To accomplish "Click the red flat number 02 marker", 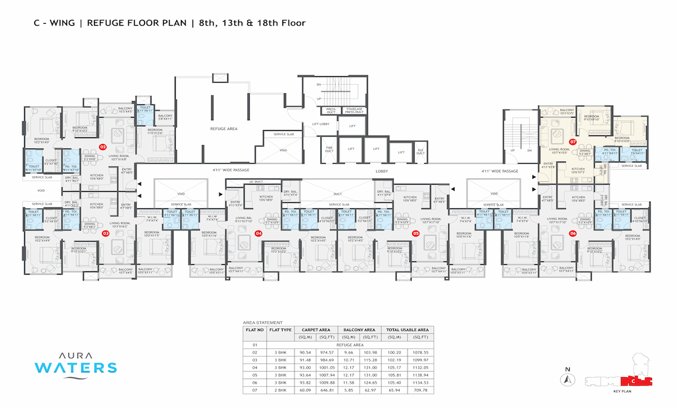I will click(103, 147).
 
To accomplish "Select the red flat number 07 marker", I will click(572, 141).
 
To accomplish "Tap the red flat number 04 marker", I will click(258, 233).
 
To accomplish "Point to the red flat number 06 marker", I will click(572, 233).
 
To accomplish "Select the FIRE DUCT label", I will click(330, 150).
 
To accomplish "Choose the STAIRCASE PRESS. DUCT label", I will click(352, 111).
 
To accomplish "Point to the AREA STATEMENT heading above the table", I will click(262, 323).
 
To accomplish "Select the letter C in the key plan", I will click(632, 381).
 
